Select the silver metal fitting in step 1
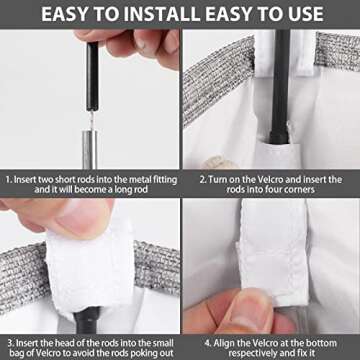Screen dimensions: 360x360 click(90, 150)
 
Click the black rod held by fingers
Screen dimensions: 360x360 click(92, 76)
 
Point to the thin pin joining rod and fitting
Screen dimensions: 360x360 click(91, 121)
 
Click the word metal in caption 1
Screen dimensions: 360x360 click(127, 180)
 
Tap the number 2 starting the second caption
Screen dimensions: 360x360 click(203, 180)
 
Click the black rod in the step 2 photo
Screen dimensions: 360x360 click(280, 87)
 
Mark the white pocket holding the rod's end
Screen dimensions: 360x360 click(276, 153)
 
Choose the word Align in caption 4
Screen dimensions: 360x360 click(226, 343)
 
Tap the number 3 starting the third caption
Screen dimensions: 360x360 click(11, 343)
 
